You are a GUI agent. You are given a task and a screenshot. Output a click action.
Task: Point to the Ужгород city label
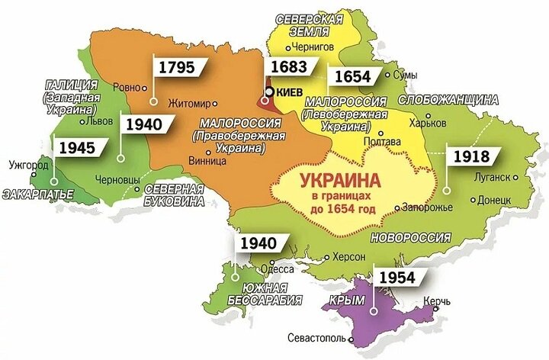pos(28,164)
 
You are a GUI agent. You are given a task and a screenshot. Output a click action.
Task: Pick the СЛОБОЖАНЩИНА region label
pos(453,100)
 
